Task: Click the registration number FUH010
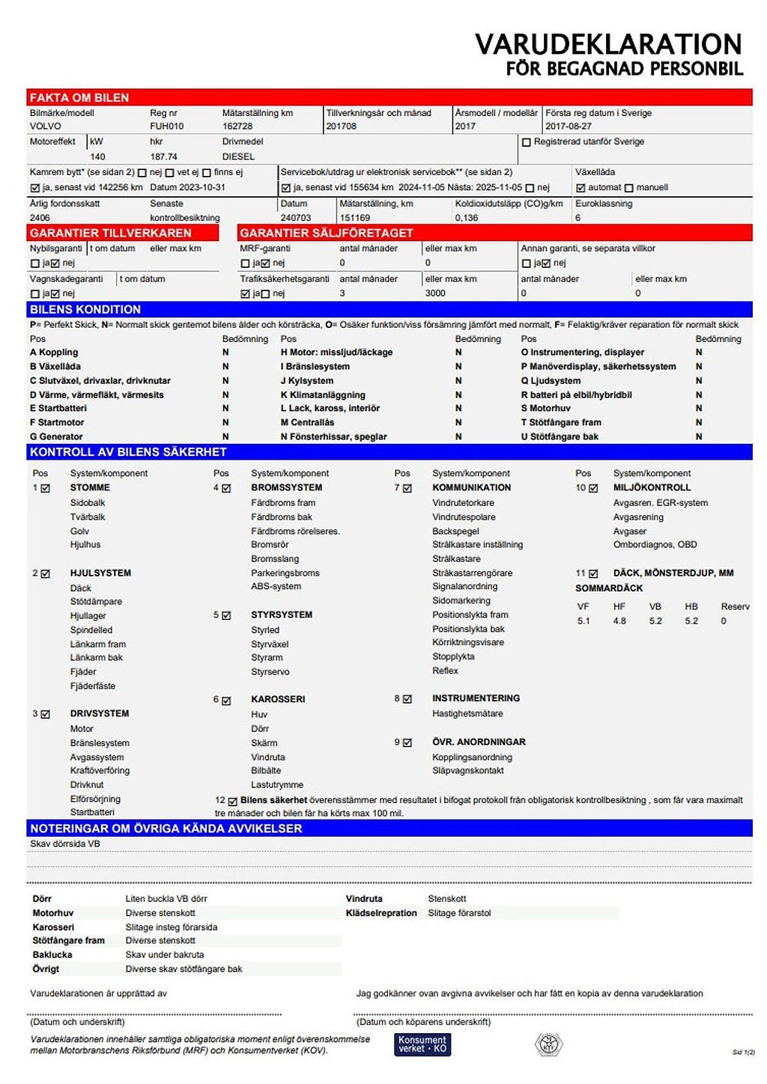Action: tap(166, 127)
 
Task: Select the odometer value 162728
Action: tap(237, 127)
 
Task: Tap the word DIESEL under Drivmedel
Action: tap(238, 156)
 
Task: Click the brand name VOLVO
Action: tap(46, 127)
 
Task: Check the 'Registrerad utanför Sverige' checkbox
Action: tap(527, 142)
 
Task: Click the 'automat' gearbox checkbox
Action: tap(580, 188)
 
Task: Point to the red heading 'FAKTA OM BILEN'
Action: tap(79, 97)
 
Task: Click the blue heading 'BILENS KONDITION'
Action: tap(85, 309)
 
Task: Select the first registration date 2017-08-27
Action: tap(569, 127)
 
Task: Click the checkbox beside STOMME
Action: tap(46, 488)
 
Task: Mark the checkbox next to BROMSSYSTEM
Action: tap(226, 488)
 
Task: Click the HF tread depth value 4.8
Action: tap(619, 621)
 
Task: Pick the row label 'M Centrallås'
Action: tap(307, 422)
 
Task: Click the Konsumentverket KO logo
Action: tap(422, 1044)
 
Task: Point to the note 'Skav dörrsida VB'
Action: tap(65, 844)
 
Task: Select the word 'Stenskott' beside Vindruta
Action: tap(447, 898)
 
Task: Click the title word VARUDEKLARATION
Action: tap(608, 44)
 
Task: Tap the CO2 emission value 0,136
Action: tap(467, 218)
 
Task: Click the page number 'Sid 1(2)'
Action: tap(743, 1052)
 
